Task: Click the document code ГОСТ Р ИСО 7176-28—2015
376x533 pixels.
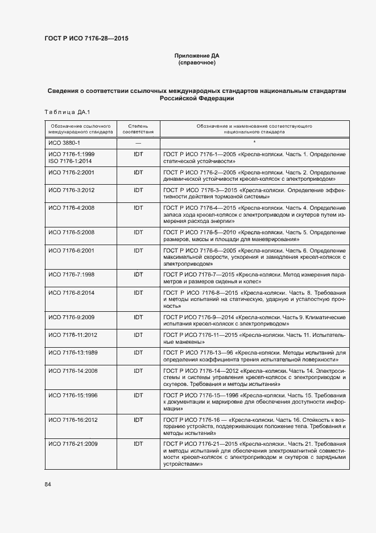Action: pyautogui.click(x=86, y=38)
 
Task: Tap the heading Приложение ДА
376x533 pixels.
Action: pyautogui.click(x=197, y=55)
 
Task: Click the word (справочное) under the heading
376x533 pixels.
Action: pyautogui.click(x=197, y=63)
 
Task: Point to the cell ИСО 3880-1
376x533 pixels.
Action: pyautogui.click(x=64, y=143)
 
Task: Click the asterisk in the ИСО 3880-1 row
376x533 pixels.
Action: pyautogui.click(x=254, y=143)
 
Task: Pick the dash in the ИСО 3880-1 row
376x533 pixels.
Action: pyautogui.click(x=138, y=143)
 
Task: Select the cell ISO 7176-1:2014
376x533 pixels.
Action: pyautogui.click(x=71, y=161)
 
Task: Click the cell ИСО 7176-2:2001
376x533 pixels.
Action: pyautogui.click(x=71, y=172)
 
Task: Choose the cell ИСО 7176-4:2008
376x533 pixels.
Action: pyautogui.click(x=71, y=208)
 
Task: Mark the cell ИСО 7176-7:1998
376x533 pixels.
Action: pyautogui.click(x=71, y=275)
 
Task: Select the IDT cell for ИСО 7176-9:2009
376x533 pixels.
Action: pyautogui.click(x=138, y=317)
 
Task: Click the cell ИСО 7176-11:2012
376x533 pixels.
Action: pyautogui.click(x=73, y=335)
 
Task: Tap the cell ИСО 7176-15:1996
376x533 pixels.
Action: pyautogui.click(x=73, y=395)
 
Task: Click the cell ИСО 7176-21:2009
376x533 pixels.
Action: pyautogui.click(x=73, y=444)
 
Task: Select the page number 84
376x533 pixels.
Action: pyautogui.click(x=48, y=485)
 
